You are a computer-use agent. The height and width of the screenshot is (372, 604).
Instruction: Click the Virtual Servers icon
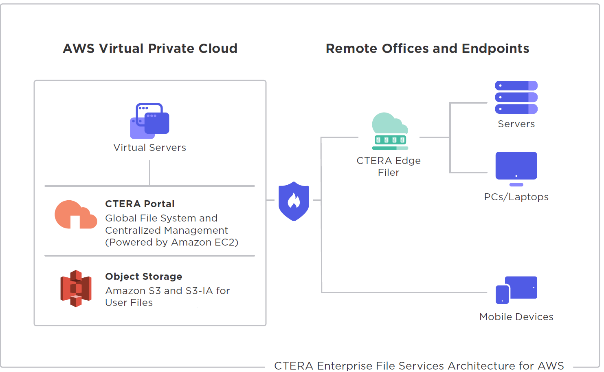[x=149, y=121]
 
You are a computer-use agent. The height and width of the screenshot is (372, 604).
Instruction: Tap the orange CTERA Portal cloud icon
[x=76, y=215]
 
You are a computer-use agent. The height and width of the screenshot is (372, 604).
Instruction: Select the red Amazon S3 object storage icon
[x=76, y=288]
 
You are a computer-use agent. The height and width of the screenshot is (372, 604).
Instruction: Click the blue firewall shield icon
[x=294, y=201]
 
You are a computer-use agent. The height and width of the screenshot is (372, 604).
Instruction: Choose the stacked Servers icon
[x=516, y=97]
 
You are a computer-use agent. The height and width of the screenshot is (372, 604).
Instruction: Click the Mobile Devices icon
[x=516, y=290]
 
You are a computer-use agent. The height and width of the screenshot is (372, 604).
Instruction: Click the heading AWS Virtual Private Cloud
[x=150, y=49]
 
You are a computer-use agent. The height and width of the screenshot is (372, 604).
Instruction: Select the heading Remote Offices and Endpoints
[x=427, y=49]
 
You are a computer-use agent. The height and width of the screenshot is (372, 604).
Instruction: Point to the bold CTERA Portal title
[x=140, y=204]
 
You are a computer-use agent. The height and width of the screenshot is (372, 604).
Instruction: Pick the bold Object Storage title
[x=143, y=277]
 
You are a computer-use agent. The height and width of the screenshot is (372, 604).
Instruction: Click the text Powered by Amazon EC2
[x=171, y=242]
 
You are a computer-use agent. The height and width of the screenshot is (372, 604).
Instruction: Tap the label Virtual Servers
[x=149, y=148]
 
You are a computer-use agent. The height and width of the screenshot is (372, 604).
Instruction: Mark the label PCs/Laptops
[x=516, y=197]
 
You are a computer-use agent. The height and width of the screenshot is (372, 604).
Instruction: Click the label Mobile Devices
[x=516, y=317]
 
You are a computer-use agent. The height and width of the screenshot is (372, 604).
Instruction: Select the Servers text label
[x=516, y=124]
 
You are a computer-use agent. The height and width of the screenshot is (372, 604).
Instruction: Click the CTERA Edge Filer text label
[x=389, y=166]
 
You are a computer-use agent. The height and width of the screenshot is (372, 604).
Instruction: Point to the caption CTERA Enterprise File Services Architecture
[x=419, y=365]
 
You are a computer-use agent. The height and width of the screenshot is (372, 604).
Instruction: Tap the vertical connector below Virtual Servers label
[x=150, y=173]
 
